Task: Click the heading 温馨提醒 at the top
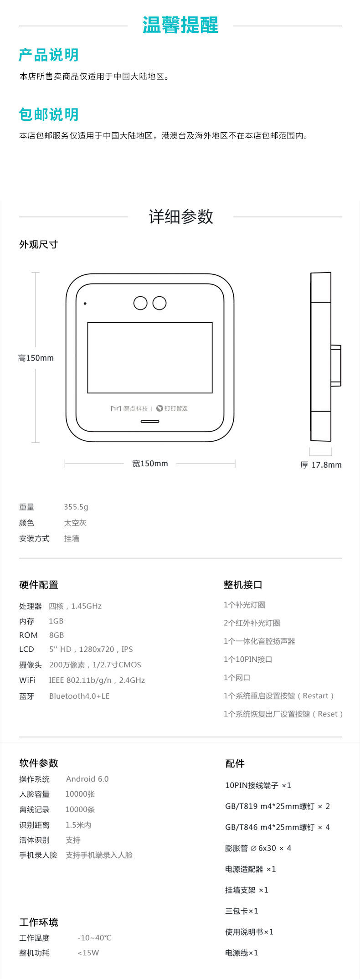coord(180,25)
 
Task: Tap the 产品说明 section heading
coord(49,55)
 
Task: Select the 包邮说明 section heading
coord(49,114)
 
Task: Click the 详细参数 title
coord(181,216)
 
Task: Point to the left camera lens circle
coord(140,303)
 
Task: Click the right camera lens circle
coord(159,303)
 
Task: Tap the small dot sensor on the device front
coord(85,304)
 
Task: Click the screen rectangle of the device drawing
coord(150,358)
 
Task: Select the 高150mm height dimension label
coord(36,358)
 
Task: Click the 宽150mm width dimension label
coord(150,464)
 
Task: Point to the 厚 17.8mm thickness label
coord(321,465)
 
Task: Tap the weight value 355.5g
coord(76,507)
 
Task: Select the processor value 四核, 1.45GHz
coord(75,606)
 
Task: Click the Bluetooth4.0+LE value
coord(79,696)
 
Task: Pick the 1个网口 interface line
coord(237,678)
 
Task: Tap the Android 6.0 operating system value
coord(87,779)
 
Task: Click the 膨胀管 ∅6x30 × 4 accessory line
coord(258,848)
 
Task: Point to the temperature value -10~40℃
coord(94,938)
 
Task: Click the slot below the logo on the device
coord(150,422)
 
